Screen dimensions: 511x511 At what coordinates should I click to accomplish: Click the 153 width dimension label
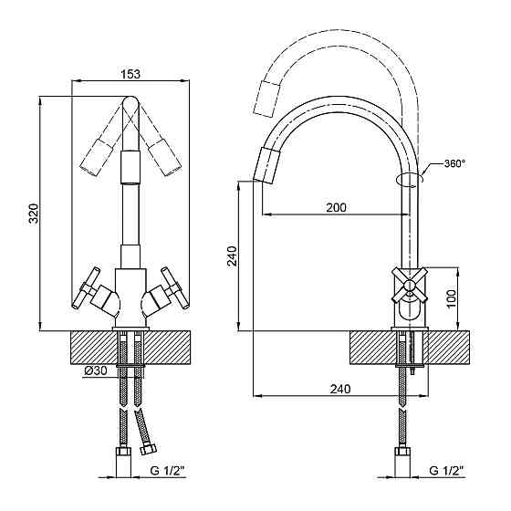tap(130, 74)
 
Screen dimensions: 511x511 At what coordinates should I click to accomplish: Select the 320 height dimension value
tap(34, 214)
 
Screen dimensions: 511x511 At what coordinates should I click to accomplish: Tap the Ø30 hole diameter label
tap(96, 370)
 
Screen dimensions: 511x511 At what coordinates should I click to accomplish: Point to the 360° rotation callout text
tap(454, 163)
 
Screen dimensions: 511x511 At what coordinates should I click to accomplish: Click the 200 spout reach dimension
tap(337, 207)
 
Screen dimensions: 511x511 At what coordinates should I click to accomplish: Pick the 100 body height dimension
tap(451, 299)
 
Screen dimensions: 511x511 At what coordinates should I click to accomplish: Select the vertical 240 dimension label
tap(233, 256)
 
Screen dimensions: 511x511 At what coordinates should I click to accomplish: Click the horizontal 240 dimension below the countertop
tap(340, 389)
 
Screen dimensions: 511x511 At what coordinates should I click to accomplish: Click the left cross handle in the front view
tap(87, 287)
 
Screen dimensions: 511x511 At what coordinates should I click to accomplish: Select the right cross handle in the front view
tap(175, 287)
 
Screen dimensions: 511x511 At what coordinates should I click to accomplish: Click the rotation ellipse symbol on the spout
tap(410, 180)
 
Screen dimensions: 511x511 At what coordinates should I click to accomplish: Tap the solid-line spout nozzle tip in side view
tap(266, 165)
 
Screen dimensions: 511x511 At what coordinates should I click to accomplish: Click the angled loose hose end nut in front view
tap(148, 450)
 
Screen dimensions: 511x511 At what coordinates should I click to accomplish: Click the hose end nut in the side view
tap(402, 452)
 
